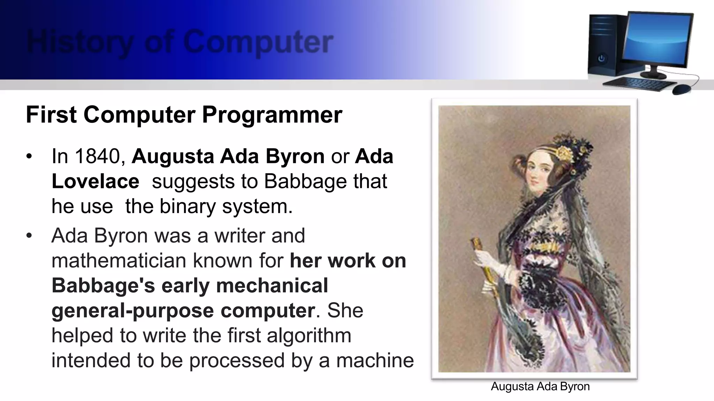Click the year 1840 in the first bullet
click(x=97, y=156)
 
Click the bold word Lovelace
click(x=95, y=181)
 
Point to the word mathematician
click(x=118, y=260)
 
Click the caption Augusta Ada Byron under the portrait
click(x=540, y=386)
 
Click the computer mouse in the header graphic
click(x=682, y=89)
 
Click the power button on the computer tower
click(x=602, y=58)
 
